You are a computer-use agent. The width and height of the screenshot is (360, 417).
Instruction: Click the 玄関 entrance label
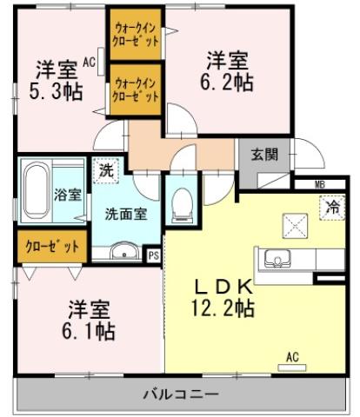(265, 156)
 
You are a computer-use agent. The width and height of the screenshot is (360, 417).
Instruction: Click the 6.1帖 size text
(90, 331)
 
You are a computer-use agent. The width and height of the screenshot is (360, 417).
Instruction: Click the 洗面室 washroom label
(121, 212)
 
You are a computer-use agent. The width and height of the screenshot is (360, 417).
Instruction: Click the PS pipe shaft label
(153, 255)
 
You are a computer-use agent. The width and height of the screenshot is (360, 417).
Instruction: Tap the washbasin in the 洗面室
(122, 252)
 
